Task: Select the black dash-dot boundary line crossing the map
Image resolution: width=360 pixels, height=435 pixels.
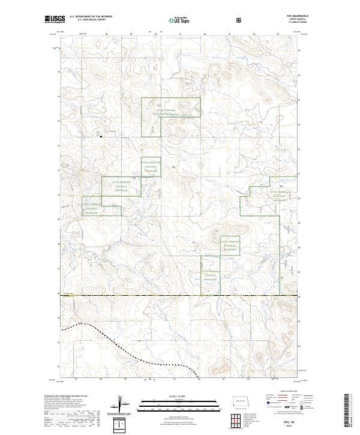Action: [x=180, y=295]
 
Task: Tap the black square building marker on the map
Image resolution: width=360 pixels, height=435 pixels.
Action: [x=101, y=137]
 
